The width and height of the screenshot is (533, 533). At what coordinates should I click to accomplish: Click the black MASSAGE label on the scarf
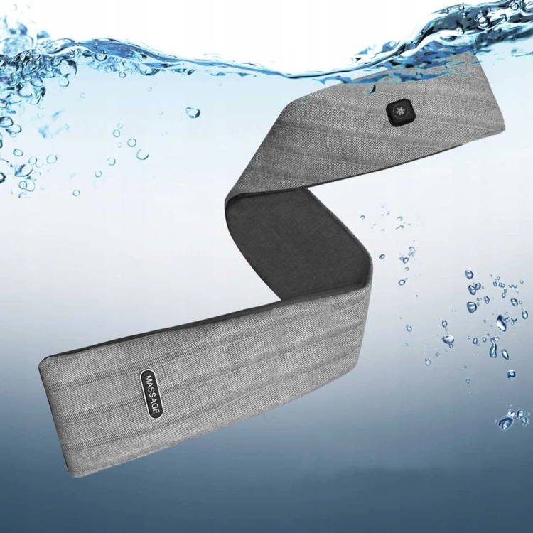click(x=151, y=393)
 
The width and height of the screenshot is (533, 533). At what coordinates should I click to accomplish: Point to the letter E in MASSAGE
click(x=156, y=410)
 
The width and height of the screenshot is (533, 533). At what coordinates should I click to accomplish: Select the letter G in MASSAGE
click(x=155, y=405)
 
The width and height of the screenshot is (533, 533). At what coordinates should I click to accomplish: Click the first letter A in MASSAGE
click(x=150, y=384)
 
